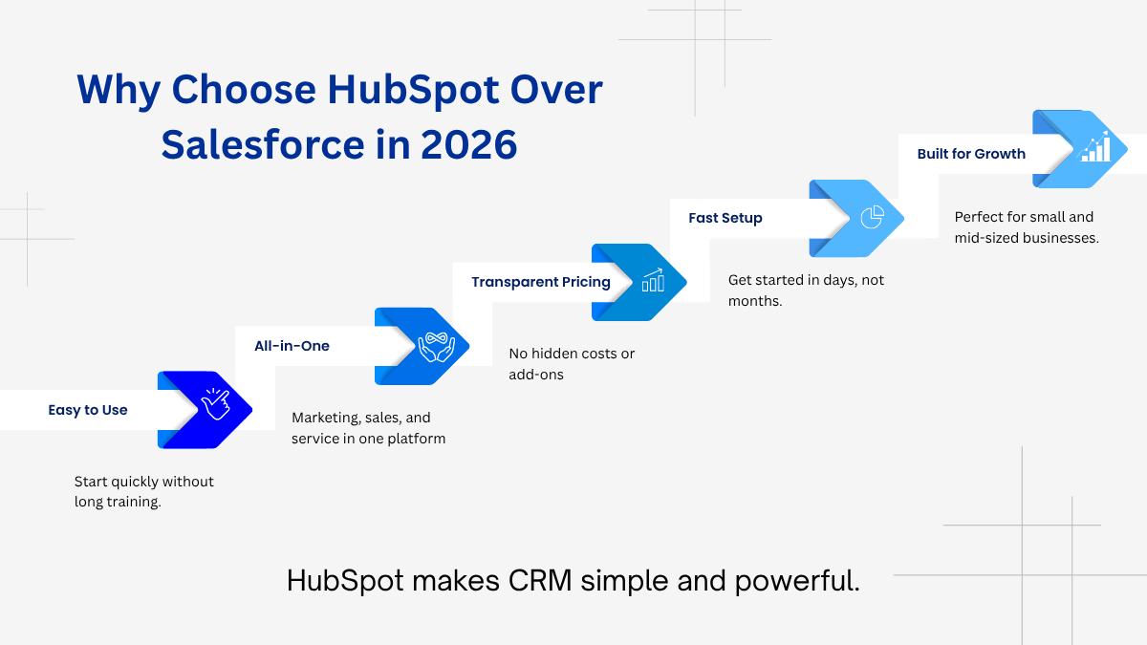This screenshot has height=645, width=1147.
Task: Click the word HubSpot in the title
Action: click(x=413, y=91)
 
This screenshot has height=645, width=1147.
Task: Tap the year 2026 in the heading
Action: click(x=469, y=145)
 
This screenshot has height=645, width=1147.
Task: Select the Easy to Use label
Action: click(x=88, y=410)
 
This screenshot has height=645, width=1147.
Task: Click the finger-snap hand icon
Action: click(x=216, y=404)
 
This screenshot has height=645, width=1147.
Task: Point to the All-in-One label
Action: click(x=292, y=346)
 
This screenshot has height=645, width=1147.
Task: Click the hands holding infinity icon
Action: click(x=436, y=347)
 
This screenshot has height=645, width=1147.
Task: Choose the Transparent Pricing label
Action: click(x=541, y=282)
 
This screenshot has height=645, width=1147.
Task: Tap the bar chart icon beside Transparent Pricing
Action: click(x=654, y=281)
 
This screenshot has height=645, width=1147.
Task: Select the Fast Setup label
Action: click(x=725, y=218)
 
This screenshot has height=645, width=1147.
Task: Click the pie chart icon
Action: click(x=872, y=217)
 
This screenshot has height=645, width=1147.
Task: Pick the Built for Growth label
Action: click(x=971, y=154)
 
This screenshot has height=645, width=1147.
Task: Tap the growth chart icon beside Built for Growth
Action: click(x=1094, y=147)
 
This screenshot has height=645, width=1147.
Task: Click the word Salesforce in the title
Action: click(x=263, y=145)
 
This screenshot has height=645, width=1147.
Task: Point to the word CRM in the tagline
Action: click(x=540, y=581)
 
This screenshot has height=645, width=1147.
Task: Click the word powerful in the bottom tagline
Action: click(x=797, y=582)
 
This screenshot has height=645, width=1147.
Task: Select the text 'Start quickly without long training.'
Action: click(x=144, y=491)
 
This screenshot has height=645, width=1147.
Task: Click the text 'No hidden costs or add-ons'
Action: click(x=572, y=364)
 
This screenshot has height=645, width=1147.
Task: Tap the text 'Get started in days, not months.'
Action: click(x=806, y=290)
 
